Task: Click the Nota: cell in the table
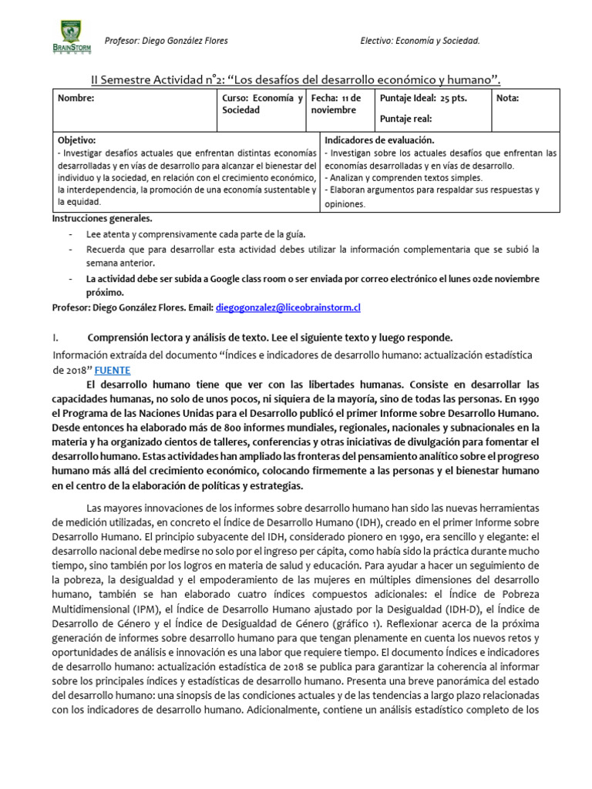pos(508,99)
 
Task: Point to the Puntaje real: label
pos(406,119)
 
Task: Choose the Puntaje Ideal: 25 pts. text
pos(423,99)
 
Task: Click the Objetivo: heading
pos(76,140)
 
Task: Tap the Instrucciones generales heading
pos(97,218)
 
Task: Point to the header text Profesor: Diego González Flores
pos(166,41)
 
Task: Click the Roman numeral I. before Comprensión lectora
pos(55,338)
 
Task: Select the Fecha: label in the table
pos(325,99)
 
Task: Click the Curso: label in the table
pos(235,99)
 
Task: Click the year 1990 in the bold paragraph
pos(527,399)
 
